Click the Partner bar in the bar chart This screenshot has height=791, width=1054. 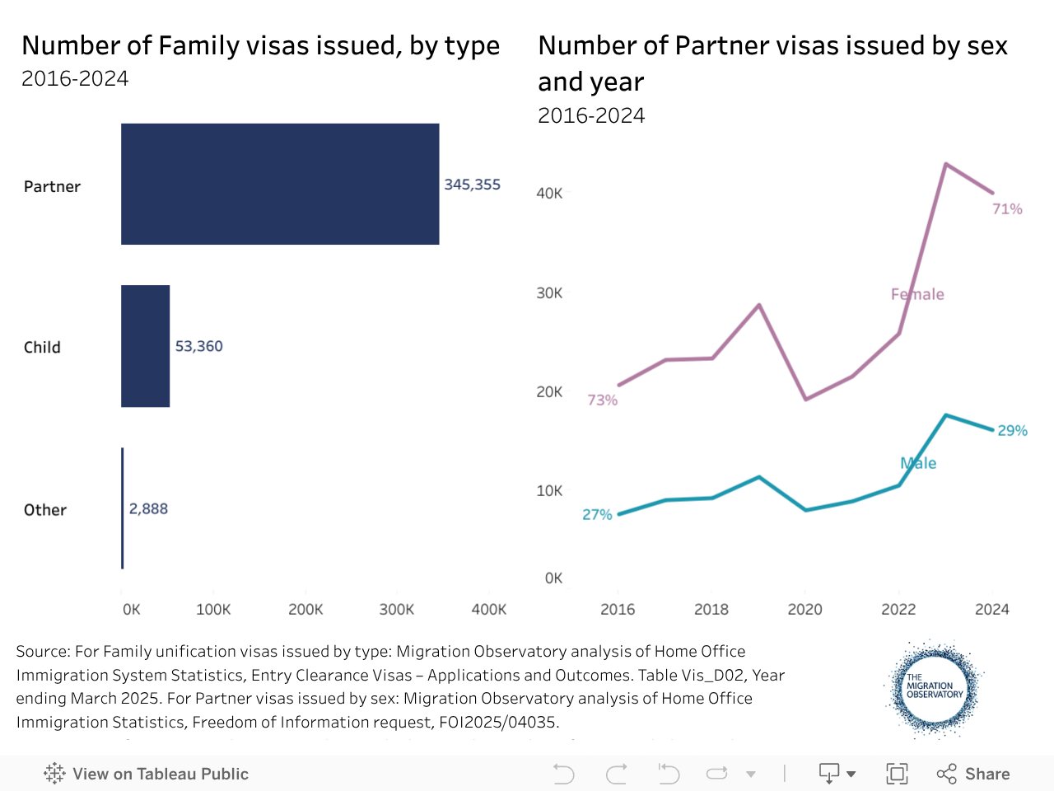(x=280, y=184)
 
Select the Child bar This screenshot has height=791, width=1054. (x=145, y=346)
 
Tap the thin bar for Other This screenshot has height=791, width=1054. (x=123, y=508)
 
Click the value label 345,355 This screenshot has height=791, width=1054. (x=472, y=185)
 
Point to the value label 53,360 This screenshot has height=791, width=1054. (x=198, y=346)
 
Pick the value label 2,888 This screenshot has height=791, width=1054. (x=148, y=508)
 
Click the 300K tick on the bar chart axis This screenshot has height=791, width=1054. (x=397, y=609)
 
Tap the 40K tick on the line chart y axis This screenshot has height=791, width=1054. (x=549, y=193)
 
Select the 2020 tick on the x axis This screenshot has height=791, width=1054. (x=804, y=609)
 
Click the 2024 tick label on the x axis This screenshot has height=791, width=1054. (x=991, y=609)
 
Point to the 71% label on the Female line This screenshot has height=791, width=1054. (x=1007, y=209)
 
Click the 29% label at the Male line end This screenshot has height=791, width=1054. (x=1012, y=430)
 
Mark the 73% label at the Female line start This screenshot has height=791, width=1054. (x=602, y=400)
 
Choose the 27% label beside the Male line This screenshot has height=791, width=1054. (x=597, y=514)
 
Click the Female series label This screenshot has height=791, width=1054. (x=917, y=294)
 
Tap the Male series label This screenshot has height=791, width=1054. (x=918, y=463)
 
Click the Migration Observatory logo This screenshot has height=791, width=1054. (x=934, y=688)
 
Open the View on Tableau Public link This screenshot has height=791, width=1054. (x=147, y=774)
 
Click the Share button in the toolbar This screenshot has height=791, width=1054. (x=973, y=774)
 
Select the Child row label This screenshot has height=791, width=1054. (x=42, y=347)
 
